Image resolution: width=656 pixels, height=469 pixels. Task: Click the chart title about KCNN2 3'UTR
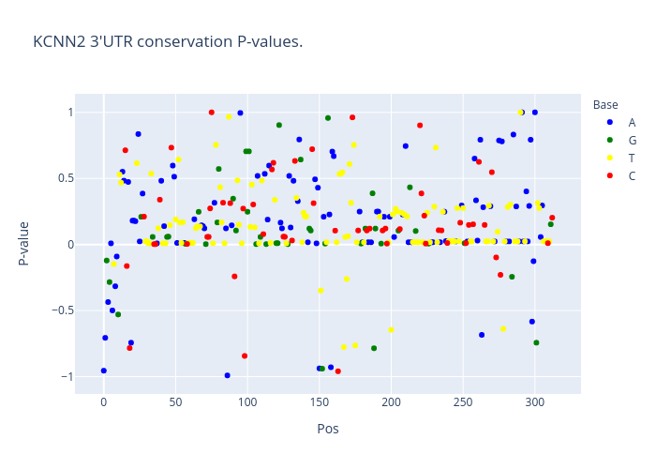click(x=168, y=42)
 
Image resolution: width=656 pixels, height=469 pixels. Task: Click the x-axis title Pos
click(x=328, y=429)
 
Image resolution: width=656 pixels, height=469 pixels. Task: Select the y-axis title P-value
click(x=23, y=244)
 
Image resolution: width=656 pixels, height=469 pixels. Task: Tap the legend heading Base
click(x=605, y=105)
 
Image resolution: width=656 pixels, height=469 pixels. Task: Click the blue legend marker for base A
click(x=610, y=122)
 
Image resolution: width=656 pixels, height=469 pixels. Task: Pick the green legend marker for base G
click(x=610, y=141)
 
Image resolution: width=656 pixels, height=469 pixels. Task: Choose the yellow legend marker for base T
click(x=610, y=158)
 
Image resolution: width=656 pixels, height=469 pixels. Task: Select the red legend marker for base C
click(x=610, y=176)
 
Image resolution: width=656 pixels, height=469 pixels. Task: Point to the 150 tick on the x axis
click(x=320, y=402)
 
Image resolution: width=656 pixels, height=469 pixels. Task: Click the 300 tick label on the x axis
click(x=535, y=402)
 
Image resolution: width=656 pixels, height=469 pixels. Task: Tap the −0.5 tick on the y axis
click(x=63, y=310)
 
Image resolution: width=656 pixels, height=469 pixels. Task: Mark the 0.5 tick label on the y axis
click(x=66, y=178)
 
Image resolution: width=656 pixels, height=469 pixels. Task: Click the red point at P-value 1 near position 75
click(x=212, y=113)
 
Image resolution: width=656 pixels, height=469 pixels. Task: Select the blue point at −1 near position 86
click(x=227, y=375)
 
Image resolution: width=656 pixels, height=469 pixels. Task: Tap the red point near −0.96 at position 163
click(x=338, y=371)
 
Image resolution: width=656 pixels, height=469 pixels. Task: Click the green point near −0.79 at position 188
click(x=374, y=348)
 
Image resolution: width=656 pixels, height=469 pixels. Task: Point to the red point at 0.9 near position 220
click(x=420, y=126)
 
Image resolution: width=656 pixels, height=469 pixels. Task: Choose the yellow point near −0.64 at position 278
click(x=503, y=329)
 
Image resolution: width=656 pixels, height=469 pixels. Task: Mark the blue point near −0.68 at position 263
click(x=482, y=335)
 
